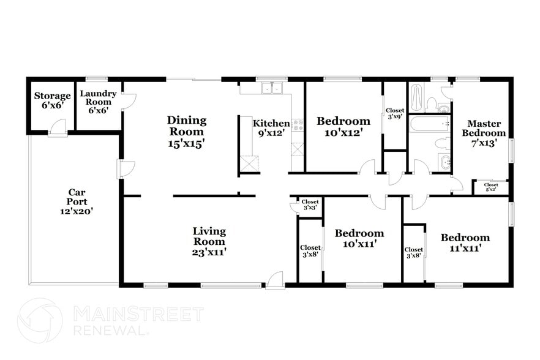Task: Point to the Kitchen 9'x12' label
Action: click(271, 127)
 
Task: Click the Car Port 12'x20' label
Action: click(77, 201)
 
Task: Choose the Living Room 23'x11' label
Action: click(209, 241)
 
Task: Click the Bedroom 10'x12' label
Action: click(343, 126)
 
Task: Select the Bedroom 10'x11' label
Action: click(359, 238)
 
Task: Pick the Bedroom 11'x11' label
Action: click(465, 242)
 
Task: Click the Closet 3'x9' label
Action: click(394, 113)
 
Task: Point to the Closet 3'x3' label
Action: click(310, 204)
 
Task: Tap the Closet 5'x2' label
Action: click(491, 187)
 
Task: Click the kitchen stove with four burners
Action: click(298, 125)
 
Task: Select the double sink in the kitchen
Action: click(271, 88)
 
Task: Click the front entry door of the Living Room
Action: click(275, 280)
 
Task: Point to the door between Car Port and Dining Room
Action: click(126, 168)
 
